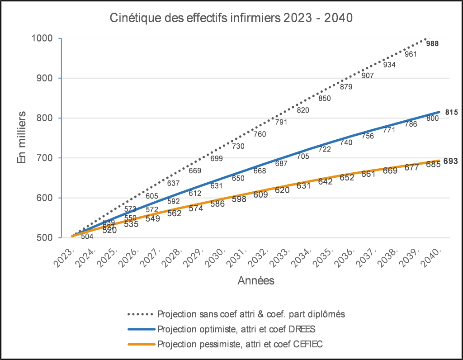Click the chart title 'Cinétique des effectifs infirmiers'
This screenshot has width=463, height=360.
[x=231, y=19]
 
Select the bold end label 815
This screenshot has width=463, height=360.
[x=452, y=112]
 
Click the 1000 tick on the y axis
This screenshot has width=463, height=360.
[x=42, y=38]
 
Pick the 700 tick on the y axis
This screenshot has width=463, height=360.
[x=45, y=158]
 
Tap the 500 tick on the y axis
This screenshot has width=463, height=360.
[x=45, y=238]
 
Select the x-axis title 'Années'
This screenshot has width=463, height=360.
[x=256, y=281]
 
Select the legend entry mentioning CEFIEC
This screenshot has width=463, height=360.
[x=240, y=344]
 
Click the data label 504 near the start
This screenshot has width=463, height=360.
[x=87, y=237]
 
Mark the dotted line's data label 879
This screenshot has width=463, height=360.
[x=346, y=87]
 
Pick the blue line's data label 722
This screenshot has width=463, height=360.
[x=325, y=149]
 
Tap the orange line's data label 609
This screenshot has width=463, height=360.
[x=261, y=195]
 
